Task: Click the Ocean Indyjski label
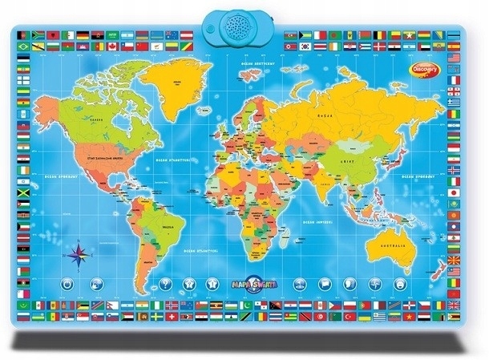[x=319, y=218]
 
